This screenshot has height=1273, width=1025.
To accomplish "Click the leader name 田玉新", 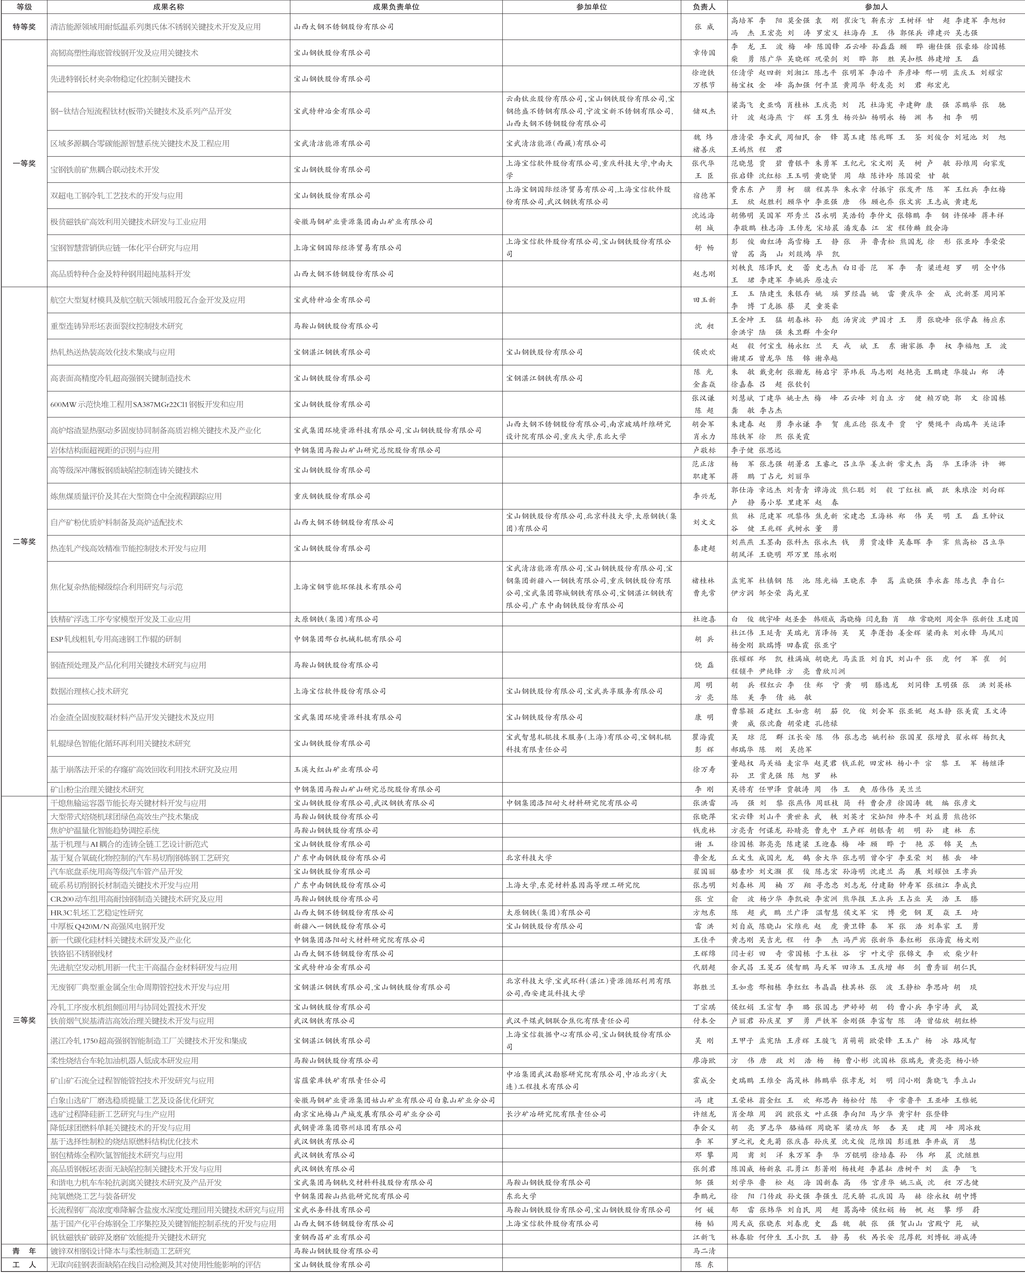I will coord(704,300).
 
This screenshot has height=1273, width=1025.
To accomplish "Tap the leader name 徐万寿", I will coord(704,769).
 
